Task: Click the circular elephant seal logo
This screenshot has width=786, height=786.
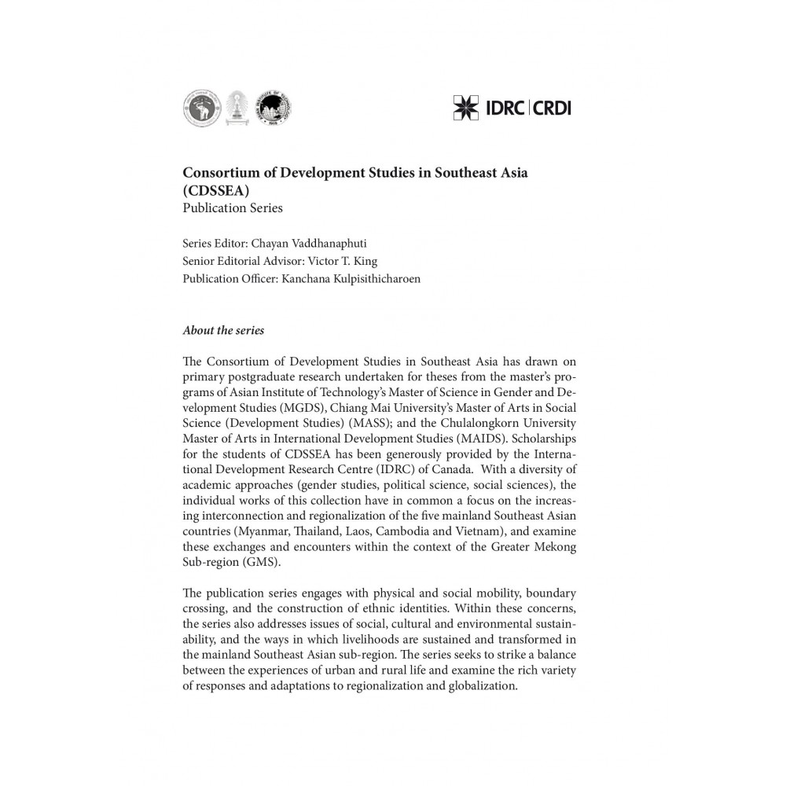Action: (x=199, y=108)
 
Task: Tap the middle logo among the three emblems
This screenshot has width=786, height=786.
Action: (x=233, y=108)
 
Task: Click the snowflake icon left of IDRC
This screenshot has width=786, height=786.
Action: (x=466, y=107)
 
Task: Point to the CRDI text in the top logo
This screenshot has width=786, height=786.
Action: (x=553, y=107)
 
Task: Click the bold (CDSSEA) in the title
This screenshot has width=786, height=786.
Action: (x=216, y=191)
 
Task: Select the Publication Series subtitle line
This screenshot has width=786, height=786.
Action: (x=232, y=208)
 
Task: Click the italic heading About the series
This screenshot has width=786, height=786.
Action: (x=223, y=331)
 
